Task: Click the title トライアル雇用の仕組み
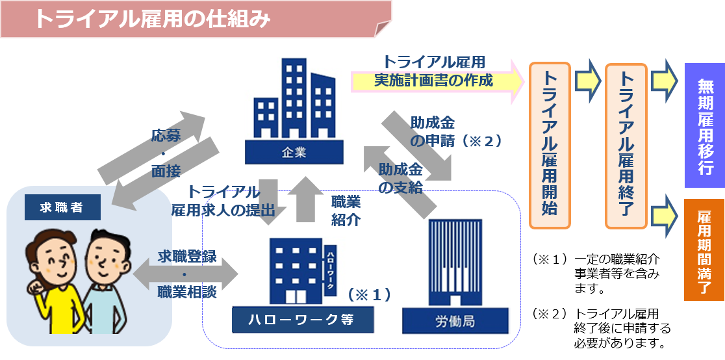[153, 19]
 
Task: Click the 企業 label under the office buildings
[294, 153]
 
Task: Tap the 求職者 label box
[62, 208]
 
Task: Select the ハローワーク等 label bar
[303, 319]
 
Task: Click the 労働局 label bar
[455, 321]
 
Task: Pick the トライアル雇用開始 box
[549, 146]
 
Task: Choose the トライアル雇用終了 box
[626, 146]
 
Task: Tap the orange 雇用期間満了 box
[704, 250]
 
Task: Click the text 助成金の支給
[400, 179]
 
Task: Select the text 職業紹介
[346, 210]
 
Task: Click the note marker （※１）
[369, 294]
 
